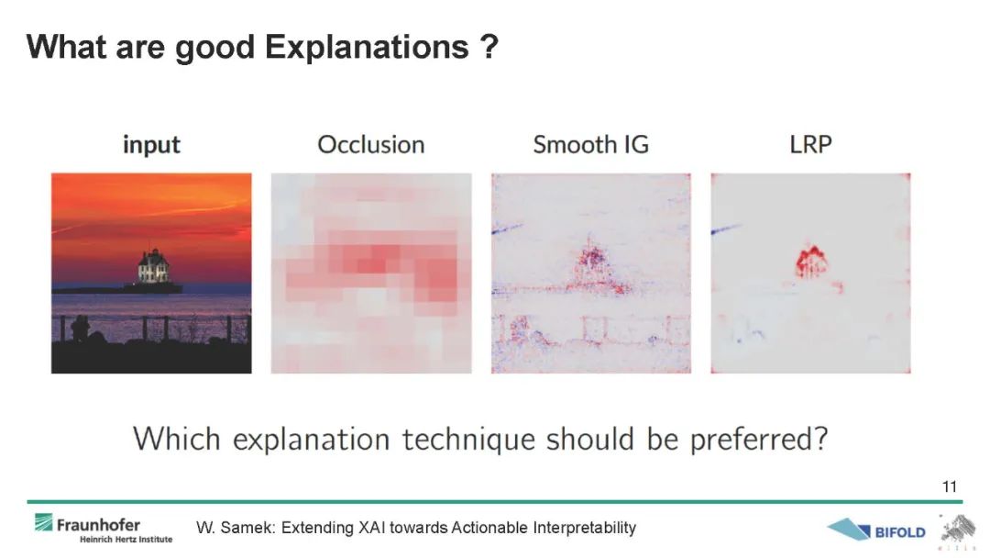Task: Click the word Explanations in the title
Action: point(368,48)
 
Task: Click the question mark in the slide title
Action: point(489,46)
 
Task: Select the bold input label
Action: point(151,145)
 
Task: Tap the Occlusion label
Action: point(371,145)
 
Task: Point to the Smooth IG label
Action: point(591,145)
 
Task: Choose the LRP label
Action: point(810,145)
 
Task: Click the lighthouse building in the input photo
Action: point(153,267)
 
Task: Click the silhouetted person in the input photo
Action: point(80,329)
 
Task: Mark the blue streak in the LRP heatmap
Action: point(726,229)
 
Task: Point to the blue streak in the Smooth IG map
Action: point(508,229)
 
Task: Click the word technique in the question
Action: point(468,440)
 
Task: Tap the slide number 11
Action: point(950,486)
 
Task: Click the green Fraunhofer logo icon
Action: point(44,522)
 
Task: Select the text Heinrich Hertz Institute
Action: point(126,540)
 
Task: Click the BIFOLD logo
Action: point(876,530)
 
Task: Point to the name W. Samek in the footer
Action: point(236,528)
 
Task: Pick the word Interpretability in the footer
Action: point(584,529)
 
